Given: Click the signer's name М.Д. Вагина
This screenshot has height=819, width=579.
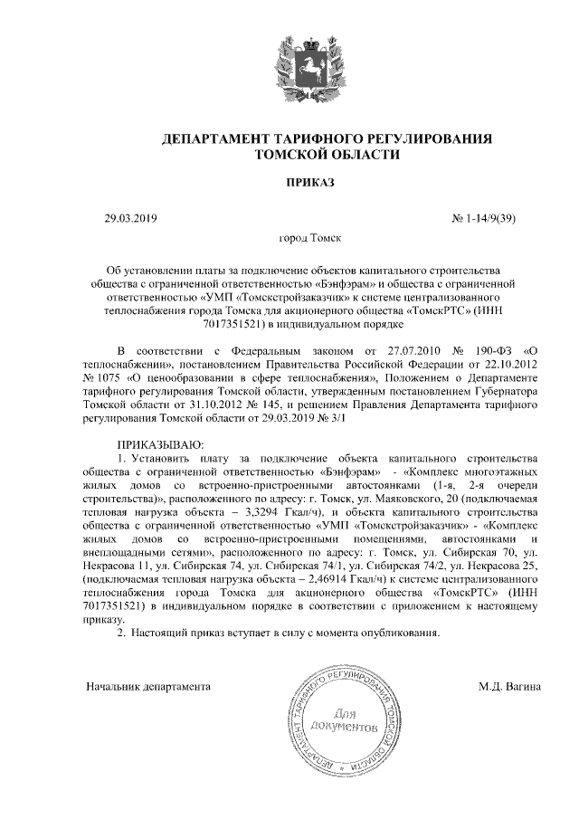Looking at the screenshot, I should (509, 686).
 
